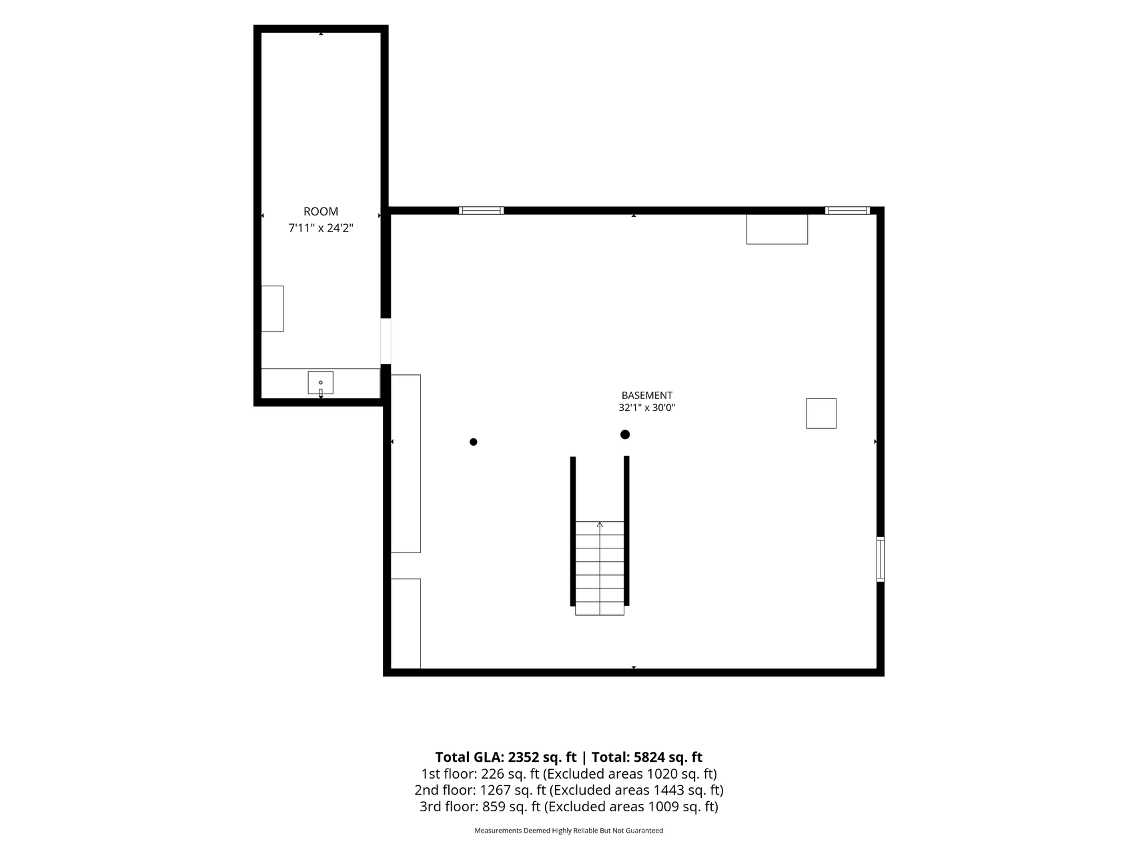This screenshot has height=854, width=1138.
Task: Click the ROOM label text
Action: pyautogui.click(x=321, y=211)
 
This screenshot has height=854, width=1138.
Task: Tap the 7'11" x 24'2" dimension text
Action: pyautogui.click(x=321, y=228)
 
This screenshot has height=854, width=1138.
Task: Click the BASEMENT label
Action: pyautogui.click(x=647, y=396)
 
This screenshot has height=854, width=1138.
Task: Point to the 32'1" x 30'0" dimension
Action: pyautogui.click(x=647, y=408)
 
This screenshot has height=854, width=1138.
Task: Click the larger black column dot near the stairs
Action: pyautogui.click(x=625, y=434)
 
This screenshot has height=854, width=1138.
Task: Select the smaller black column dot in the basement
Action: pyautogui.click(x=474, y=442)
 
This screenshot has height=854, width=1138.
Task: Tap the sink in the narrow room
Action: pyautogui.click(x=320, y=383)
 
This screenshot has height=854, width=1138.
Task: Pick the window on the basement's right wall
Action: pyautogui.click(x=881, y=559)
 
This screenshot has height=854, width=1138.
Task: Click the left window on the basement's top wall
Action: pyautogui.click(x=481, y=211)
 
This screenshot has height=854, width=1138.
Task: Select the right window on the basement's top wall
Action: pyautogui.click(x=848, y=211)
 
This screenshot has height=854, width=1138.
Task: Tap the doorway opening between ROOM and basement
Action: pyautogui.click(x=386, y=342)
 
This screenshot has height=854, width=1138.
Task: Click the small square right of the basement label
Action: pyautogui.click(x=821, y=413)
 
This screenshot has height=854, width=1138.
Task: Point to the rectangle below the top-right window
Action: pyautogui.click(x=777, y=229)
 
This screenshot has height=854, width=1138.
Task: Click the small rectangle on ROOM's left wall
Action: pyautogui.click(x=272, y=308)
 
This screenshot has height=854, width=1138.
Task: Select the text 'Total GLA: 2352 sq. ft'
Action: pyautogui.click(x=506, y=757)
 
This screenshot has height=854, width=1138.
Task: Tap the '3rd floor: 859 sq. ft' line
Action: pyautogui.click(x=480, y=807)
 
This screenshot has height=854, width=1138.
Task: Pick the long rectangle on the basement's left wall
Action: pyautogui.click(x=406, y=464)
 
